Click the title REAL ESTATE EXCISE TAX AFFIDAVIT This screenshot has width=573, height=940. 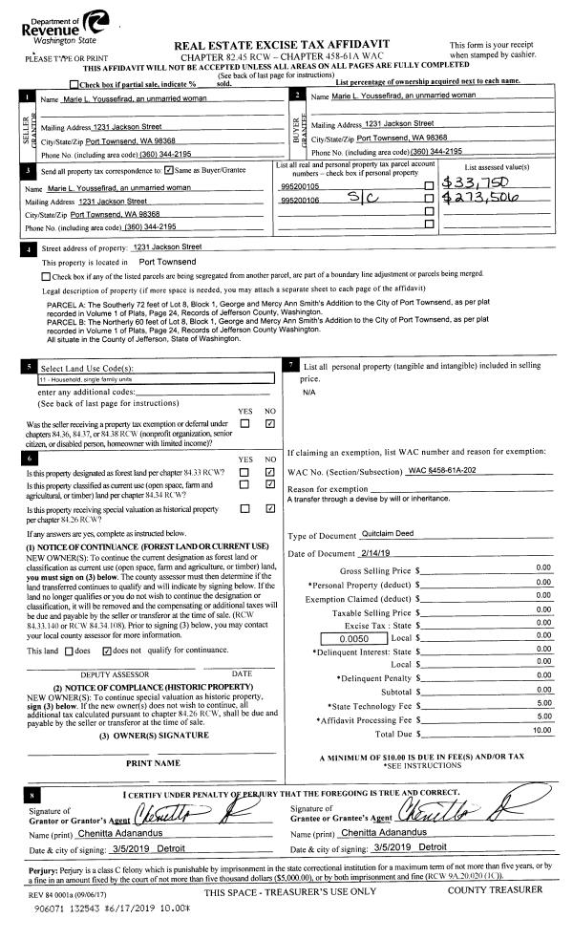tap(286, 46)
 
